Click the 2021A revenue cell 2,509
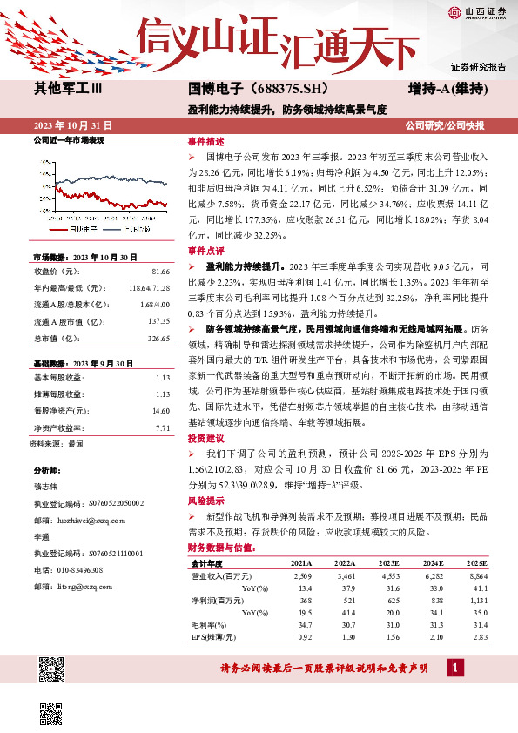(x=302, y=576)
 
